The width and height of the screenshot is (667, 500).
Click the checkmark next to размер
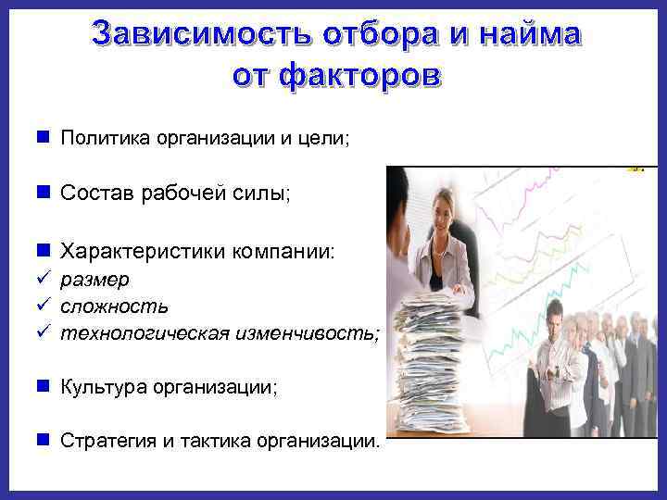pyautogui.click(x=43, y=279)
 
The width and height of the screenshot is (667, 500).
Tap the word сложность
pyautogui.click(x=113, y=306)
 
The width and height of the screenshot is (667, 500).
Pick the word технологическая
pyautogui.click(x=144, y=333)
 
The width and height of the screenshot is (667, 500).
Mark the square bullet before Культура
pyautogui.click(x=43, y=387)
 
